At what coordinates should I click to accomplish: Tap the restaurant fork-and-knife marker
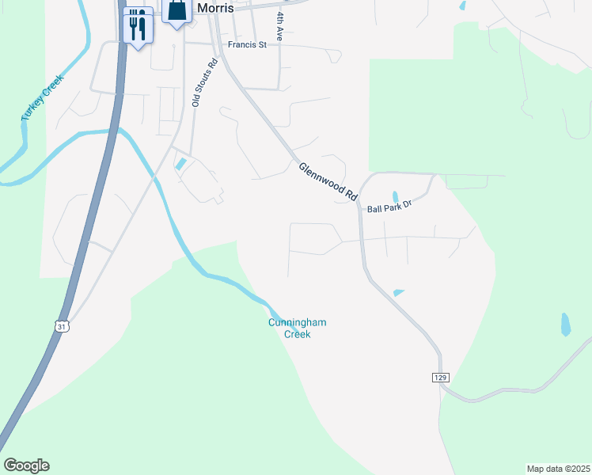click(x=139, y=26)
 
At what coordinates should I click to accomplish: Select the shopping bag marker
click(x=177, y=10)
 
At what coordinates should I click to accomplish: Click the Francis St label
click(x=247, y=45)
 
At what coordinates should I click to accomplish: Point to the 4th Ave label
click(x=279, y=26)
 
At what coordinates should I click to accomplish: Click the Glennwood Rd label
click(x=328, y=180)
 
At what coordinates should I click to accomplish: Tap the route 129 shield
click(x=441, y=378)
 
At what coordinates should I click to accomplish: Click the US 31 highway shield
click(x=62, y=325)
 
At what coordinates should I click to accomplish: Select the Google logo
click(x=26, y=465)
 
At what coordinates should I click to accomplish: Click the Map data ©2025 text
click(x=558, y=468)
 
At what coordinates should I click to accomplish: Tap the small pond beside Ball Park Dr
click(x=395, y=196)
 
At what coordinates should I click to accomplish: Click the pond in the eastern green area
click(x=565, y=323)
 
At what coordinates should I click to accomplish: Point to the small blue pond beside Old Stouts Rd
click(x=181, y=164)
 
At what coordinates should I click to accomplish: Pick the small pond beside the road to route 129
click(x=398, y=293)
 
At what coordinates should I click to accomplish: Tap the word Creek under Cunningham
click(x=298, y=334)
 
